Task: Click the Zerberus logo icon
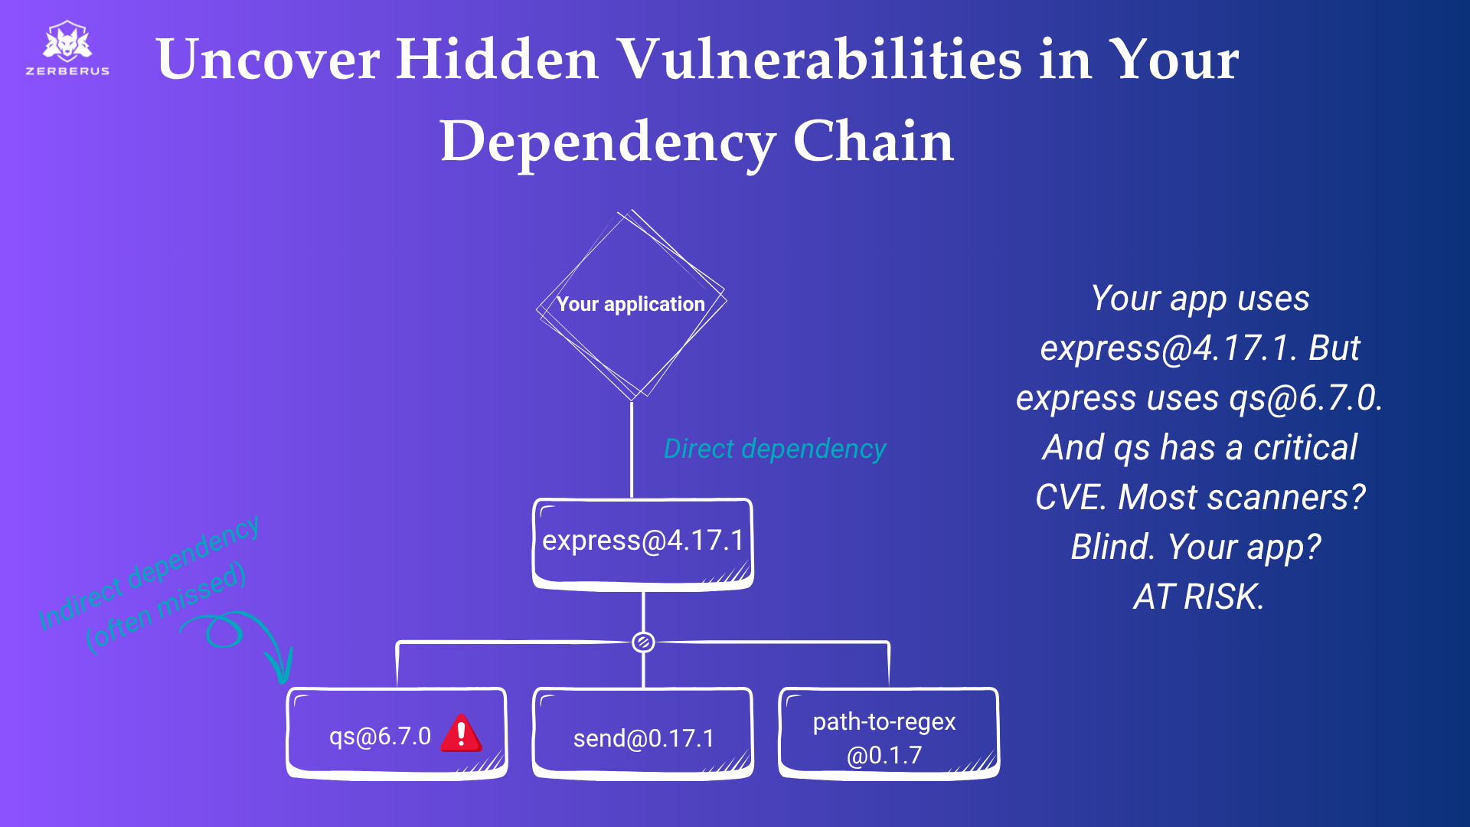(67, 41)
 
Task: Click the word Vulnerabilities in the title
(819, 60)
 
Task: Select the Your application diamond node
(631, 305)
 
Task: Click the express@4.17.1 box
(643, 542)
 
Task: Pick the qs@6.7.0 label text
(380, 737)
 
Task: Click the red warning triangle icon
(461, 734)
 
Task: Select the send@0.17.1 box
(643, 737)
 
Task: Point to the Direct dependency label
(775, 449)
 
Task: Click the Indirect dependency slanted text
(150, 571)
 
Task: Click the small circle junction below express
(643, 642)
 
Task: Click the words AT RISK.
(1198, 597)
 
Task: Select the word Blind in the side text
(1112, 548)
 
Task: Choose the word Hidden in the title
(497, 60)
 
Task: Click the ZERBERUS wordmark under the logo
(67, 71)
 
